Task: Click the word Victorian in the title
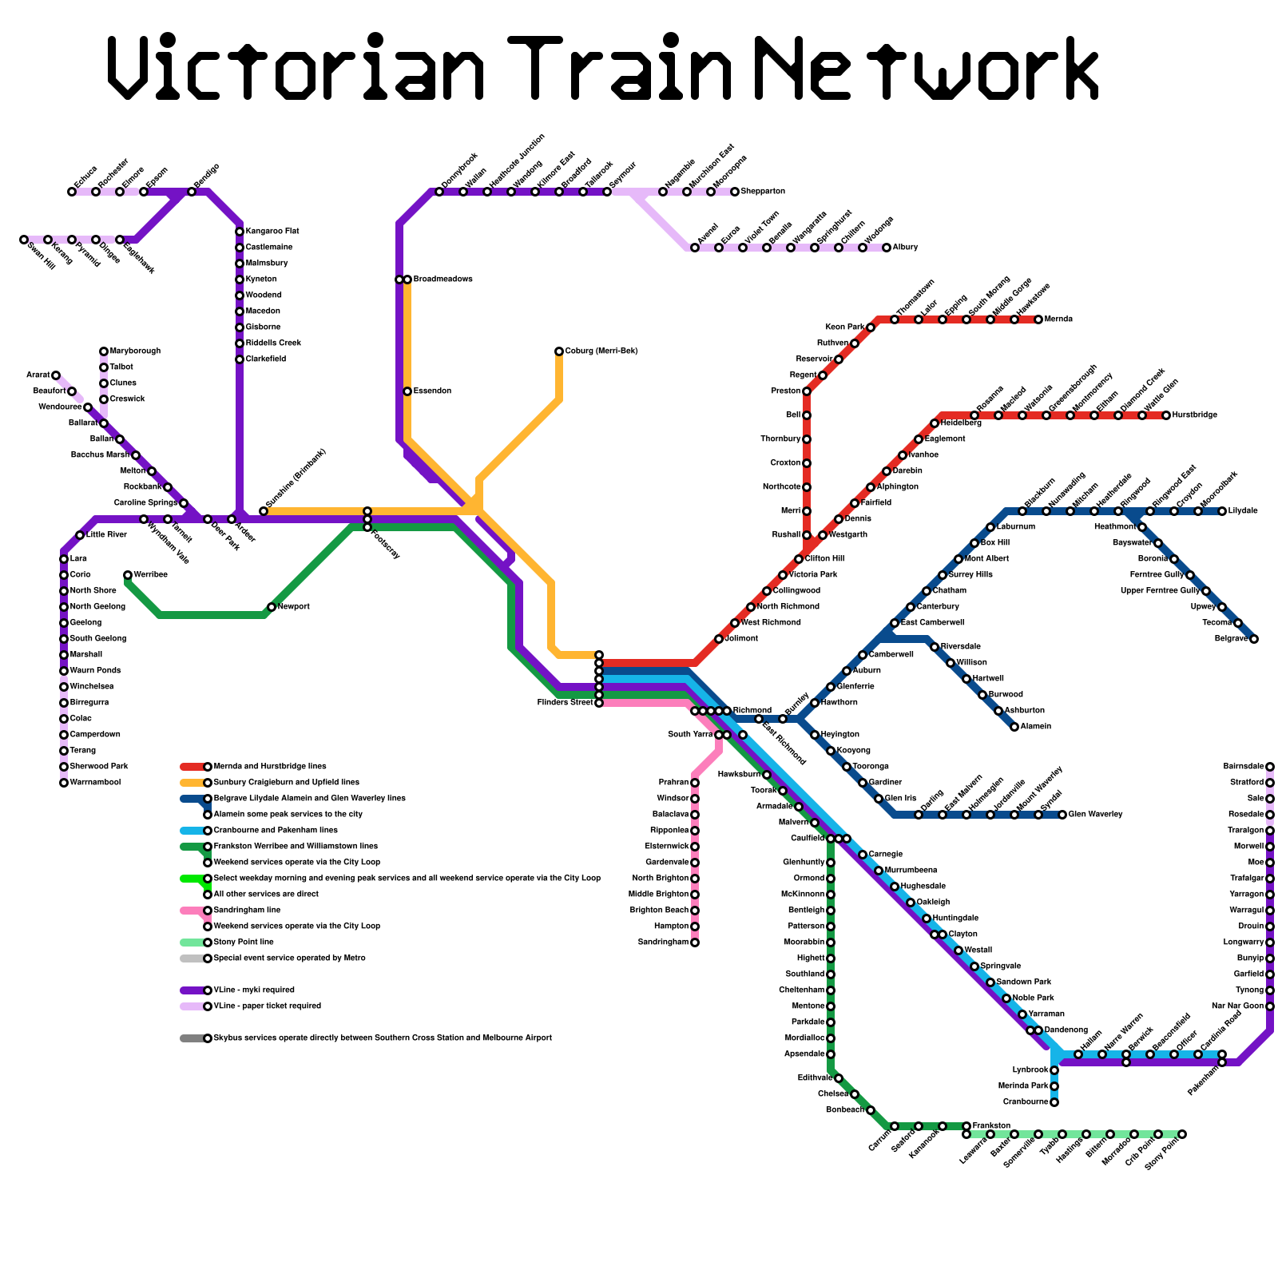[296, 68]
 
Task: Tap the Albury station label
[905, 248]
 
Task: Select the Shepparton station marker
[735, 192]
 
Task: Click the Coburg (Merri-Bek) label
[601, 351]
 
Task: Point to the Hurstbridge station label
[1195, 415]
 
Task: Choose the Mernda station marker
[1038, 319]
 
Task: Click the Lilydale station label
[1243, 511]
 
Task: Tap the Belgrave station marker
[1254, 639]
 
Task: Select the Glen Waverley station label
[1095, 815]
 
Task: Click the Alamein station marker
[1014, 727]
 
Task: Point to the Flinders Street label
[565, 703]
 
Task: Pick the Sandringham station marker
[695, 943]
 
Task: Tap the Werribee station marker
[128, 575]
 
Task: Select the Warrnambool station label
[95, 783]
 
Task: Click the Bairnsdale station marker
[1270, 767]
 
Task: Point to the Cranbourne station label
[1026, 1102]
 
